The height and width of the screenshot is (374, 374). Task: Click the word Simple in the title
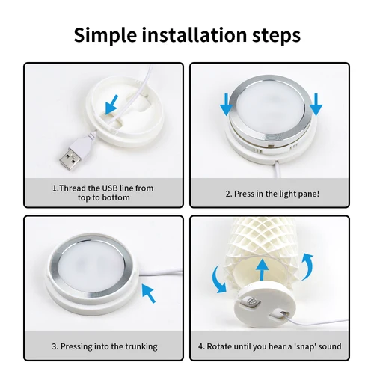point(108,34)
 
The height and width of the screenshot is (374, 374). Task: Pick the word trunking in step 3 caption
point(141,346)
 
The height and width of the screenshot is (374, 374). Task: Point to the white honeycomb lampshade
point(262,239)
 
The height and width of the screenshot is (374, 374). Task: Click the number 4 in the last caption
point(201,346)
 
